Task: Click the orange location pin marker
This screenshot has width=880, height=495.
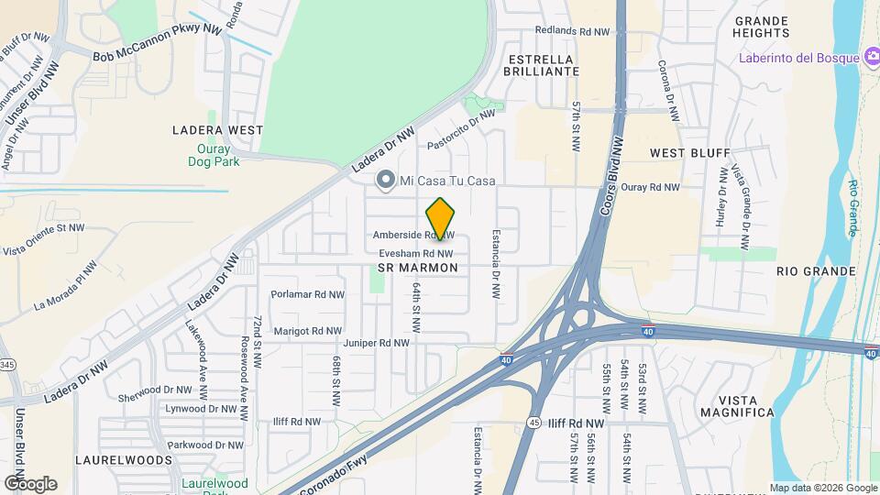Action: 441,218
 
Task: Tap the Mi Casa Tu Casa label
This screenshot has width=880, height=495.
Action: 449,181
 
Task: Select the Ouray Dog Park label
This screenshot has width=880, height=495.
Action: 218,155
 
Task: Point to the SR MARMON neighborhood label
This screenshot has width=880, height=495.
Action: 417,268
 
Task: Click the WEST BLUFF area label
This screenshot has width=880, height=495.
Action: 689,152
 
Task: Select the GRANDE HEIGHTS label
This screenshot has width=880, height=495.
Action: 761,27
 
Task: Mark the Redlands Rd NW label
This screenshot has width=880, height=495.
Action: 573,31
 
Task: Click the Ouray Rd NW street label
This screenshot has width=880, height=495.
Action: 650,187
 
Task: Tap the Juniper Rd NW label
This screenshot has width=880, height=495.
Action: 375,344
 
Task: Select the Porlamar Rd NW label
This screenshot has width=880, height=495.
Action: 307,294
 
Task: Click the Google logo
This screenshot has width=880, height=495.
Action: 30,483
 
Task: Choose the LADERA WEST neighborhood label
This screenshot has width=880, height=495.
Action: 218,130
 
